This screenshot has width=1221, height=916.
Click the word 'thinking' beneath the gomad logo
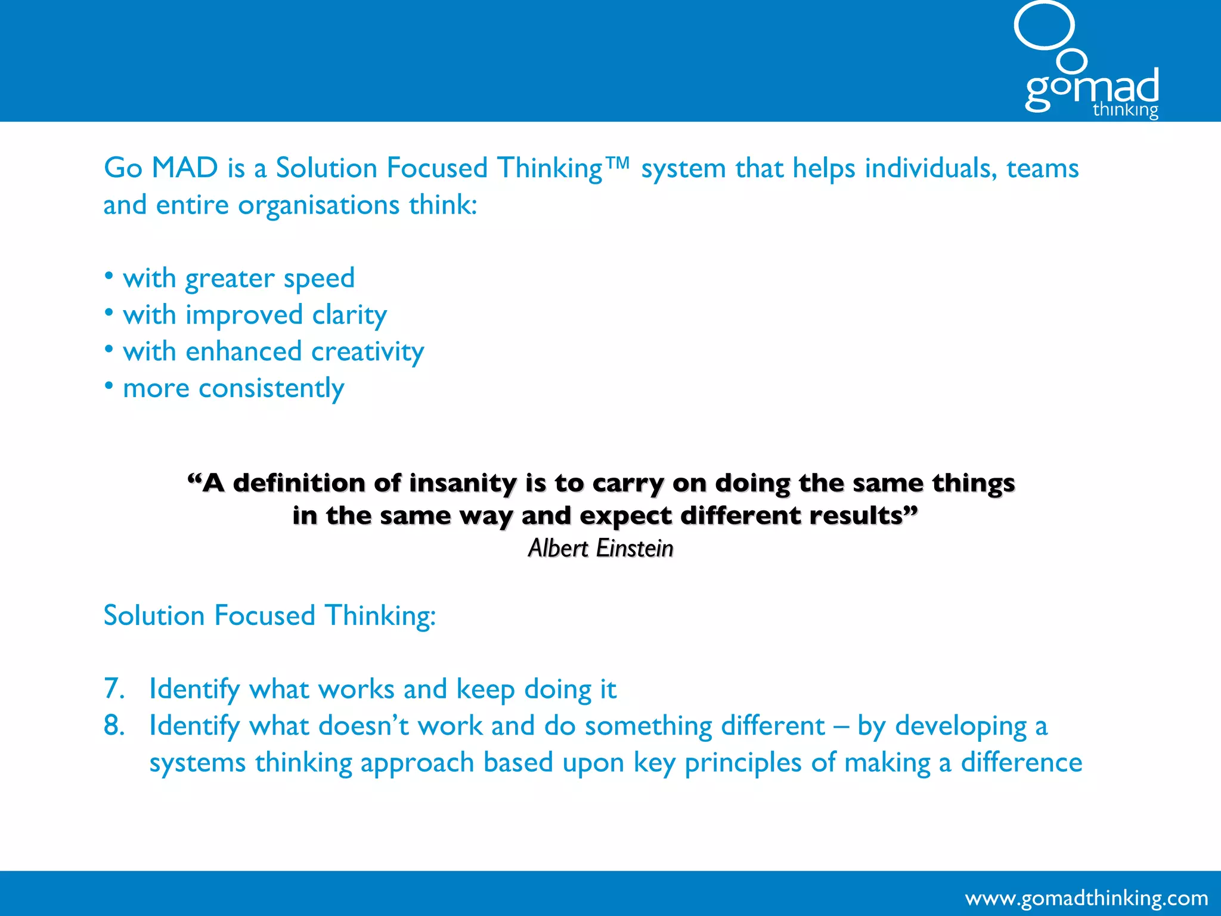(x=1125, y=110)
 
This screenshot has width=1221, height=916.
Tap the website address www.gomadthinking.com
(x=1086, y=898)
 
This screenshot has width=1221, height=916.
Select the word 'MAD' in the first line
(x=185, y=168)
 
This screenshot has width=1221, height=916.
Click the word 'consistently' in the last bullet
(x=271, y=389)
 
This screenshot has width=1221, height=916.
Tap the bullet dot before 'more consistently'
(x=109, y=386)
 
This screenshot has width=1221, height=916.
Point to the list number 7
(x=113, y=689)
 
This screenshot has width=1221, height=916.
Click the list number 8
(x=113, y=726)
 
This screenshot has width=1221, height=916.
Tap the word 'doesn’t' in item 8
(x=363, y=726)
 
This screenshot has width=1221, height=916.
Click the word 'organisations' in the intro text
(x=318, y=205)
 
